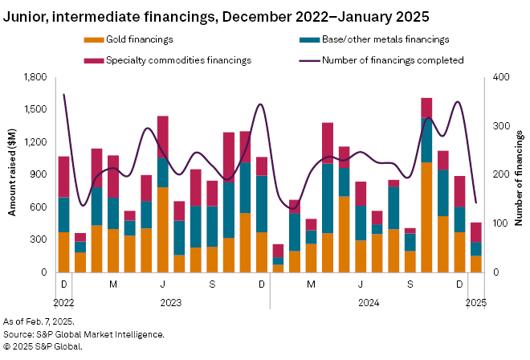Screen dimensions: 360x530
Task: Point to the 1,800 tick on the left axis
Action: pyautogui.click(x=37, y=77)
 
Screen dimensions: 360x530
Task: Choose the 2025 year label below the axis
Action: pyautogui.click(x=475, y=303)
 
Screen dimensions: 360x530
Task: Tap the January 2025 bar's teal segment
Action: pyautogui.click(x=476, y=249)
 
